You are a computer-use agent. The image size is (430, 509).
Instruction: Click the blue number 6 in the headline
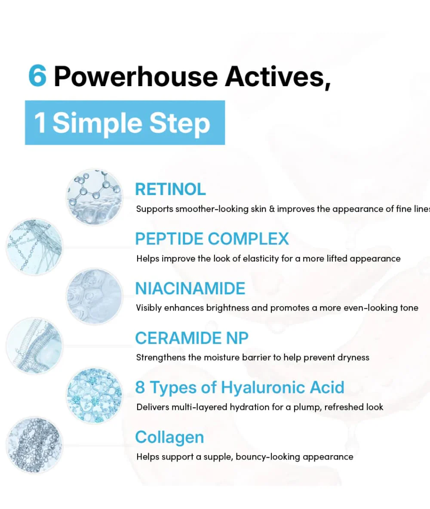click(x=37, y=76)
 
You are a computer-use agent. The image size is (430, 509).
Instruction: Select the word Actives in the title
click(x=278, y=77)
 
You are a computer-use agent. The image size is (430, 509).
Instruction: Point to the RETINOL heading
click(x=170, y=189)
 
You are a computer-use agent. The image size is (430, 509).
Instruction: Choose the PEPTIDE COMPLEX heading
click(x=212, y=239)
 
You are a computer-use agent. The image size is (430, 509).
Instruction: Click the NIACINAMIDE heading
click(x=190, y=288)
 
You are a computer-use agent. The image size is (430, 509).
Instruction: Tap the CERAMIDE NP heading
click(x=192, y=338)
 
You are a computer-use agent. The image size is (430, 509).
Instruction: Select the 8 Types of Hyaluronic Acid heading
click(x=240, y=387)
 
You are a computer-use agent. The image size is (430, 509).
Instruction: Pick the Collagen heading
click(x=169, y=437)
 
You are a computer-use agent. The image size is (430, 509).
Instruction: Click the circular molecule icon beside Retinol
click(x=94, y=197)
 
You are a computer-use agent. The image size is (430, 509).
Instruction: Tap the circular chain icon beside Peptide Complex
click(x=34, y=247)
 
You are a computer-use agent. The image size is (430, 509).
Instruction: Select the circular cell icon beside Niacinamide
click(x=94, y=296)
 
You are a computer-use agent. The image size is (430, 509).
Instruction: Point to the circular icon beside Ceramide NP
click(x=34, y=346)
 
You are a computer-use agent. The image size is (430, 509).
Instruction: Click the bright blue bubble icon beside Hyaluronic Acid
click(x=94, y=396)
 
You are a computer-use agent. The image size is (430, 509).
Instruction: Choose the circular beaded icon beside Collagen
click(x=34, y=445)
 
